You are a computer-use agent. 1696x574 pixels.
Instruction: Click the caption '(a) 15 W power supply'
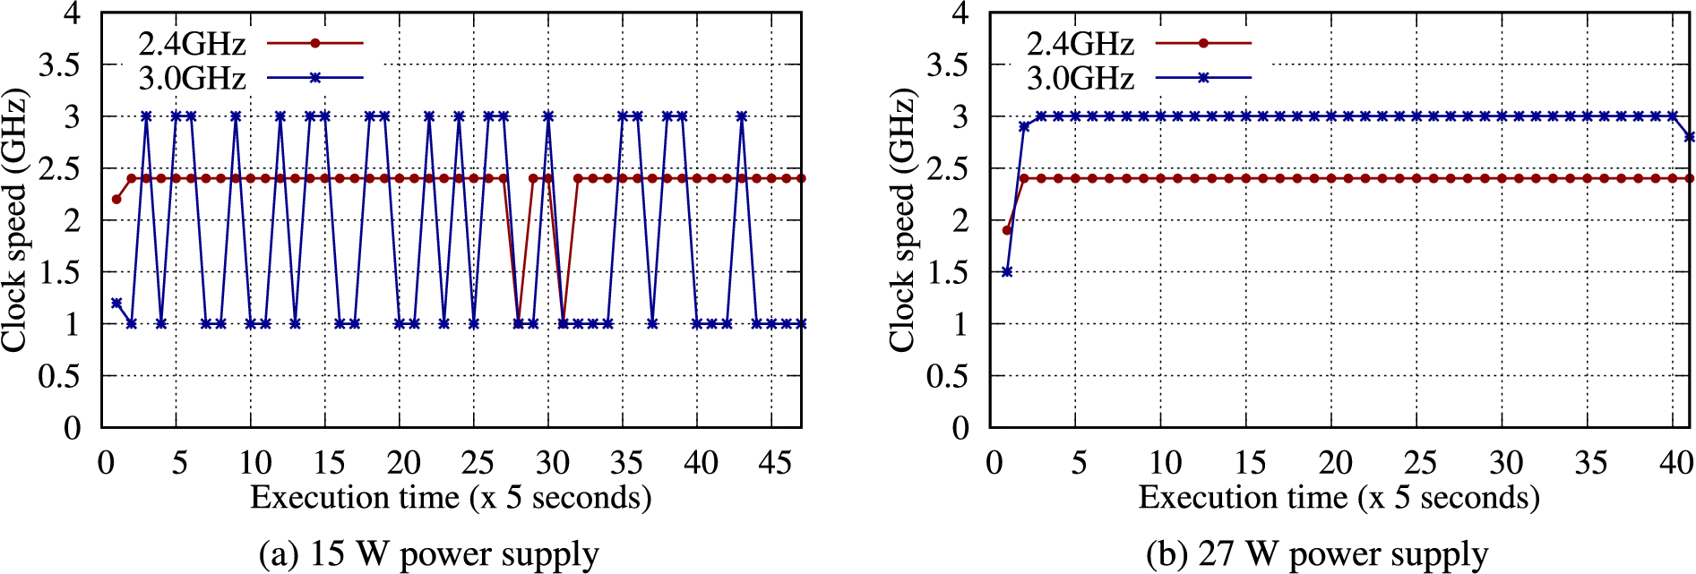point(428,554)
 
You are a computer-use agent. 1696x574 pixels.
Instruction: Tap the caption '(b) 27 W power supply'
point(1317,554)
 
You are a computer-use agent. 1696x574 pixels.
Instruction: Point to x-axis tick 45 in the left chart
point(775,463)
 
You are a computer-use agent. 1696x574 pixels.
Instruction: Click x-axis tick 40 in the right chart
point(1675,463)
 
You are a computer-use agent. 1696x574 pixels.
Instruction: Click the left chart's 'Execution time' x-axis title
point(451,498)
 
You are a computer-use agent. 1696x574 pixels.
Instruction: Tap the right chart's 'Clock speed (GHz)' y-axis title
point(901,219)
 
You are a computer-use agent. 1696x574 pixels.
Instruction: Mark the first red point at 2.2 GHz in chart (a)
point(116,199)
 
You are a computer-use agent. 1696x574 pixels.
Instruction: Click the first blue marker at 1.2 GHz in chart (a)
point(116,303)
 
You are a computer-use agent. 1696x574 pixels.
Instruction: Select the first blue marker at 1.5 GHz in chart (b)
point(1007,271)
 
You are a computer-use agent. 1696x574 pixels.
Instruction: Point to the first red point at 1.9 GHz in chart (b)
point(1007,230)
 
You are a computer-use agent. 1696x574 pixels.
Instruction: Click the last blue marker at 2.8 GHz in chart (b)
point(1690,137)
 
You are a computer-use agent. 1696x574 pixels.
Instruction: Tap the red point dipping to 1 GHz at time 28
point(519,323)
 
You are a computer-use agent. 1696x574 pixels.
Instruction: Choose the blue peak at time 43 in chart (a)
point(742,116)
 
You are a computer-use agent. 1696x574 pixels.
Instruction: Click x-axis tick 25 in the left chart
point(478,463)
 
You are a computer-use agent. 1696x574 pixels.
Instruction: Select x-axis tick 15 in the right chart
point(1249,463)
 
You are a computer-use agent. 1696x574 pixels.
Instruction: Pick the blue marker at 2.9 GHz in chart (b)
point(1024,126)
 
